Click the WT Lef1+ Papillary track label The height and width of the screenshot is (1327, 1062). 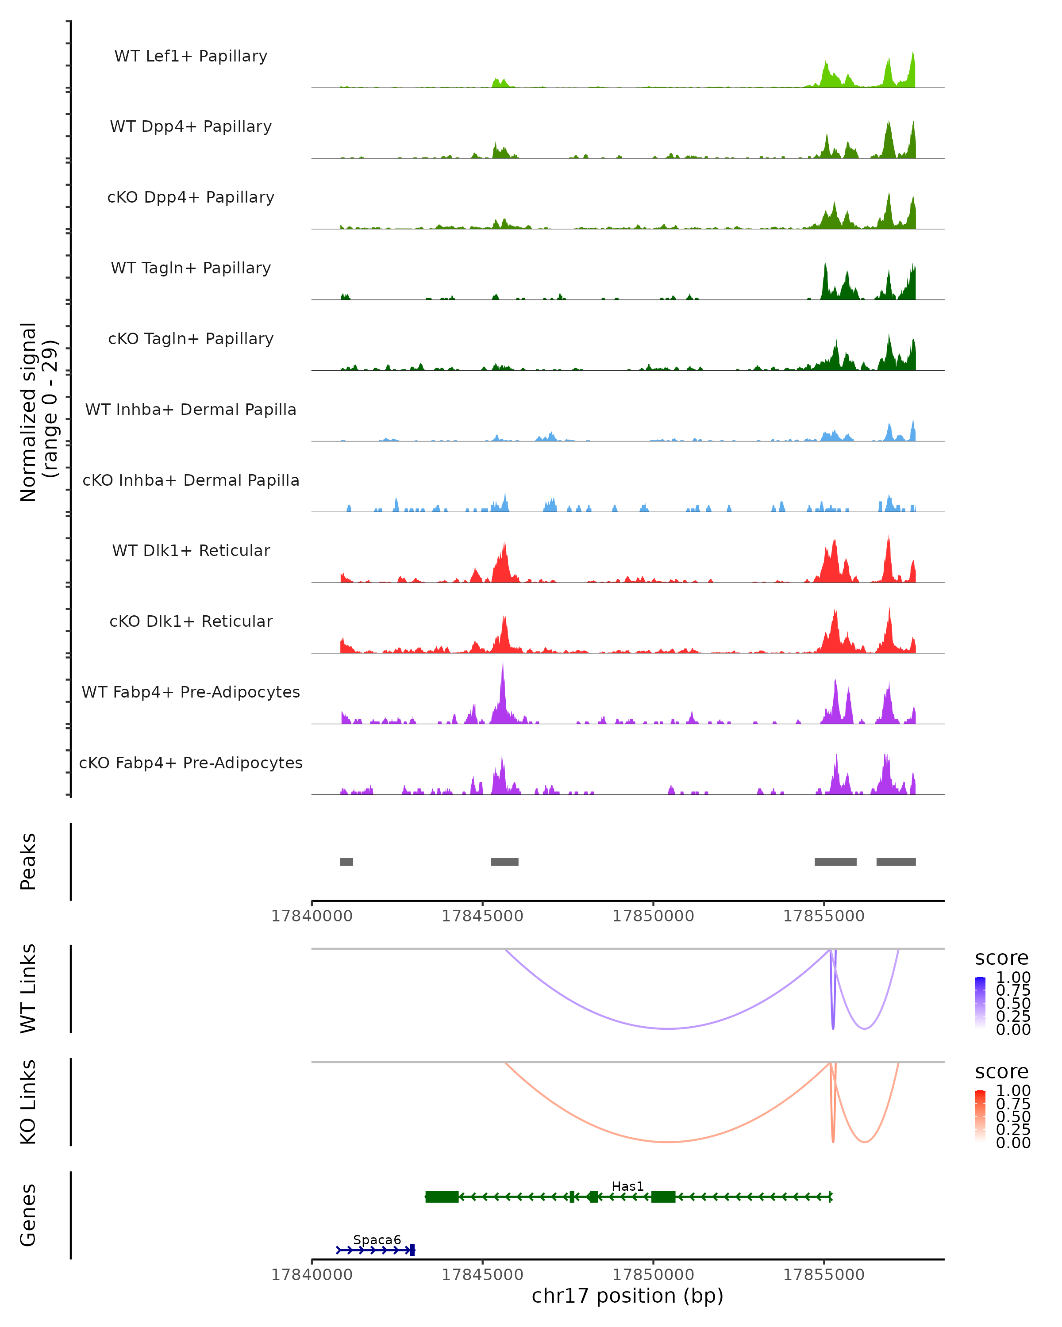coord(191,56)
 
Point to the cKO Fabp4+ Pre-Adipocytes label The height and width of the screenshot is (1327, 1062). coord(191,763)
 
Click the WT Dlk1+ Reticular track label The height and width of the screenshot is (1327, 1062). coord(191,550)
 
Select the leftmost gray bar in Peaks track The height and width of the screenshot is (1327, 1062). coord(346,862)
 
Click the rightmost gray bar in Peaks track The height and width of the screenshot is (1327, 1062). coord(896,862)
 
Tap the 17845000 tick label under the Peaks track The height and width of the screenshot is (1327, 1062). coord(482,916)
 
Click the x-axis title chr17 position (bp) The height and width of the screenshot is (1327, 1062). coord(627,1296)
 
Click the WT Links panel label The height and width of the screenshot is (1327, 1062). coord(28,989)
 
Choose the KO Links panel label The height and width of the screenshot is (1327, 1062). coord(28,1102)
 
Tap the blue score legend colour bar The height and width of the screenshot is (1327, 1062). coord(980,1002)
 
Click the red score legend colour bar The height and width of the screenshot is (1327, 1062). coord(980,1116)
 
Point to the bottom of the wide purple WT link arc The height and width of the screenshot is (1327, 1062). coord(668,1028)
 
